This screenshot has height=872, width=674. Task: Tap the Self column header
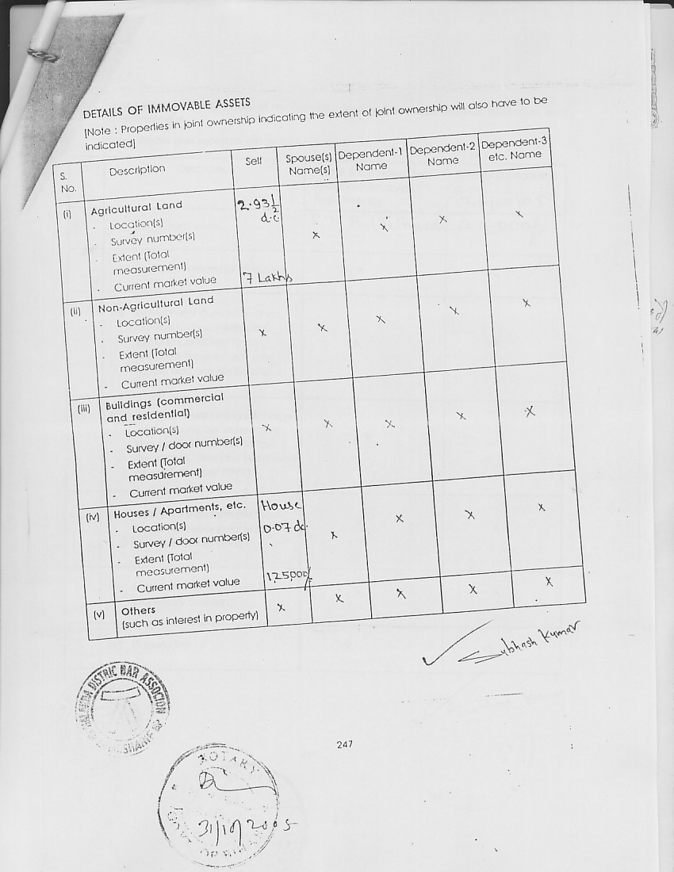[254, 161]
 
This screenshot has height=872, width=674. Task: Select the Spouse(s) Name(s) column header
[308, 164]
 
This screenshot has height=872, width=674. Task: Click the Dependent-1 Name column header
[371, 160]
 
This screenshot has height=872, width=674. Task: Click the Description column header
[137, 170]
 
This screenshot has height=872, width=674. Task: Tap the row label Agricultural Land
[136, 208]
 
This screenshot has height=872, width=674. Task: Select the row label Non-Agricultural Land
[155, 303]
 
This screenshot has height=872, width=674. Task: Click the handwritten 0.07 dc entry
[284, 528]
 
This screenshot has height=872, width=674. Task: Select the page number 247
[344, 744]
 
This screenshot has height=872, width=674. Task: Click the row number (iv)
[93, 518]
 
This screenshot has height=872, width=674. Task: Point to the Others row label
[138, 611]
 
